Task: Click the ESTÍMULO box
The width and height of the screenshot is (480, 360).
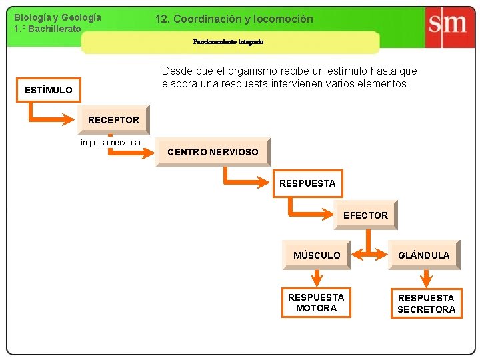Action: pos(48,90)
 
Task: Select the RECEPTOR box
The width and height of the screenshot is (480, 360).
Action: pos(113,120)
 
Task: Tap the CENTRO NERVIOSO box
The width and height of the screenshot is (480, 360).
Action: pos(213,152)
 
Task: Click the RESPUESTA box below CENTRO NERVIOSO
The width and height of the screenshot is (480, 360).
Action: pos(307,183)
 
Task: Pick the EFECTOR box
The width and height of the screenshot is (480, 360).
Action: pos(365,215)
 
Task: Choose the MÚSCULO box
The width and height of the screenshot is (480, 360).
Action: pos(316,255)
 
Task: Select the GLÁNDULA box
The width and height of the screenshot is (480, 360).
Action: pos(424,255)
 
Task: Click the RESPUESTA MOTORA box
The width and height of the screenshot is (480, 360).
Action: pos(316,303)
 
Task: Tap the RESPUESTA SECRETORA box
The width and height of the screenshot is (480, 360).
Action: pos(426,303)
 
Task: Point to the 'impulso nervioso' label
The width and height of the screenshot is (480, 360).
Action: pos(110,143)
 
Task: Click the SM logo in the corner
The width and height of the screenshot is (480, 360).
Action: pos(447,25)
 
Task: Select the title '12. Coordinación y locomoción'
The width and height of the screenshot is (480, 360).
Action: pos(234,19)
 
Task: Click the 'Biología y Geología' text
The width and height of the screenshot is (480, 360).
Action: pos(58,17)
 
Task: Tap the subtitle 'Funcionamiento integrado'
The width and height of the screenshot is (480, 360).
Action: pos(228,41)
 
